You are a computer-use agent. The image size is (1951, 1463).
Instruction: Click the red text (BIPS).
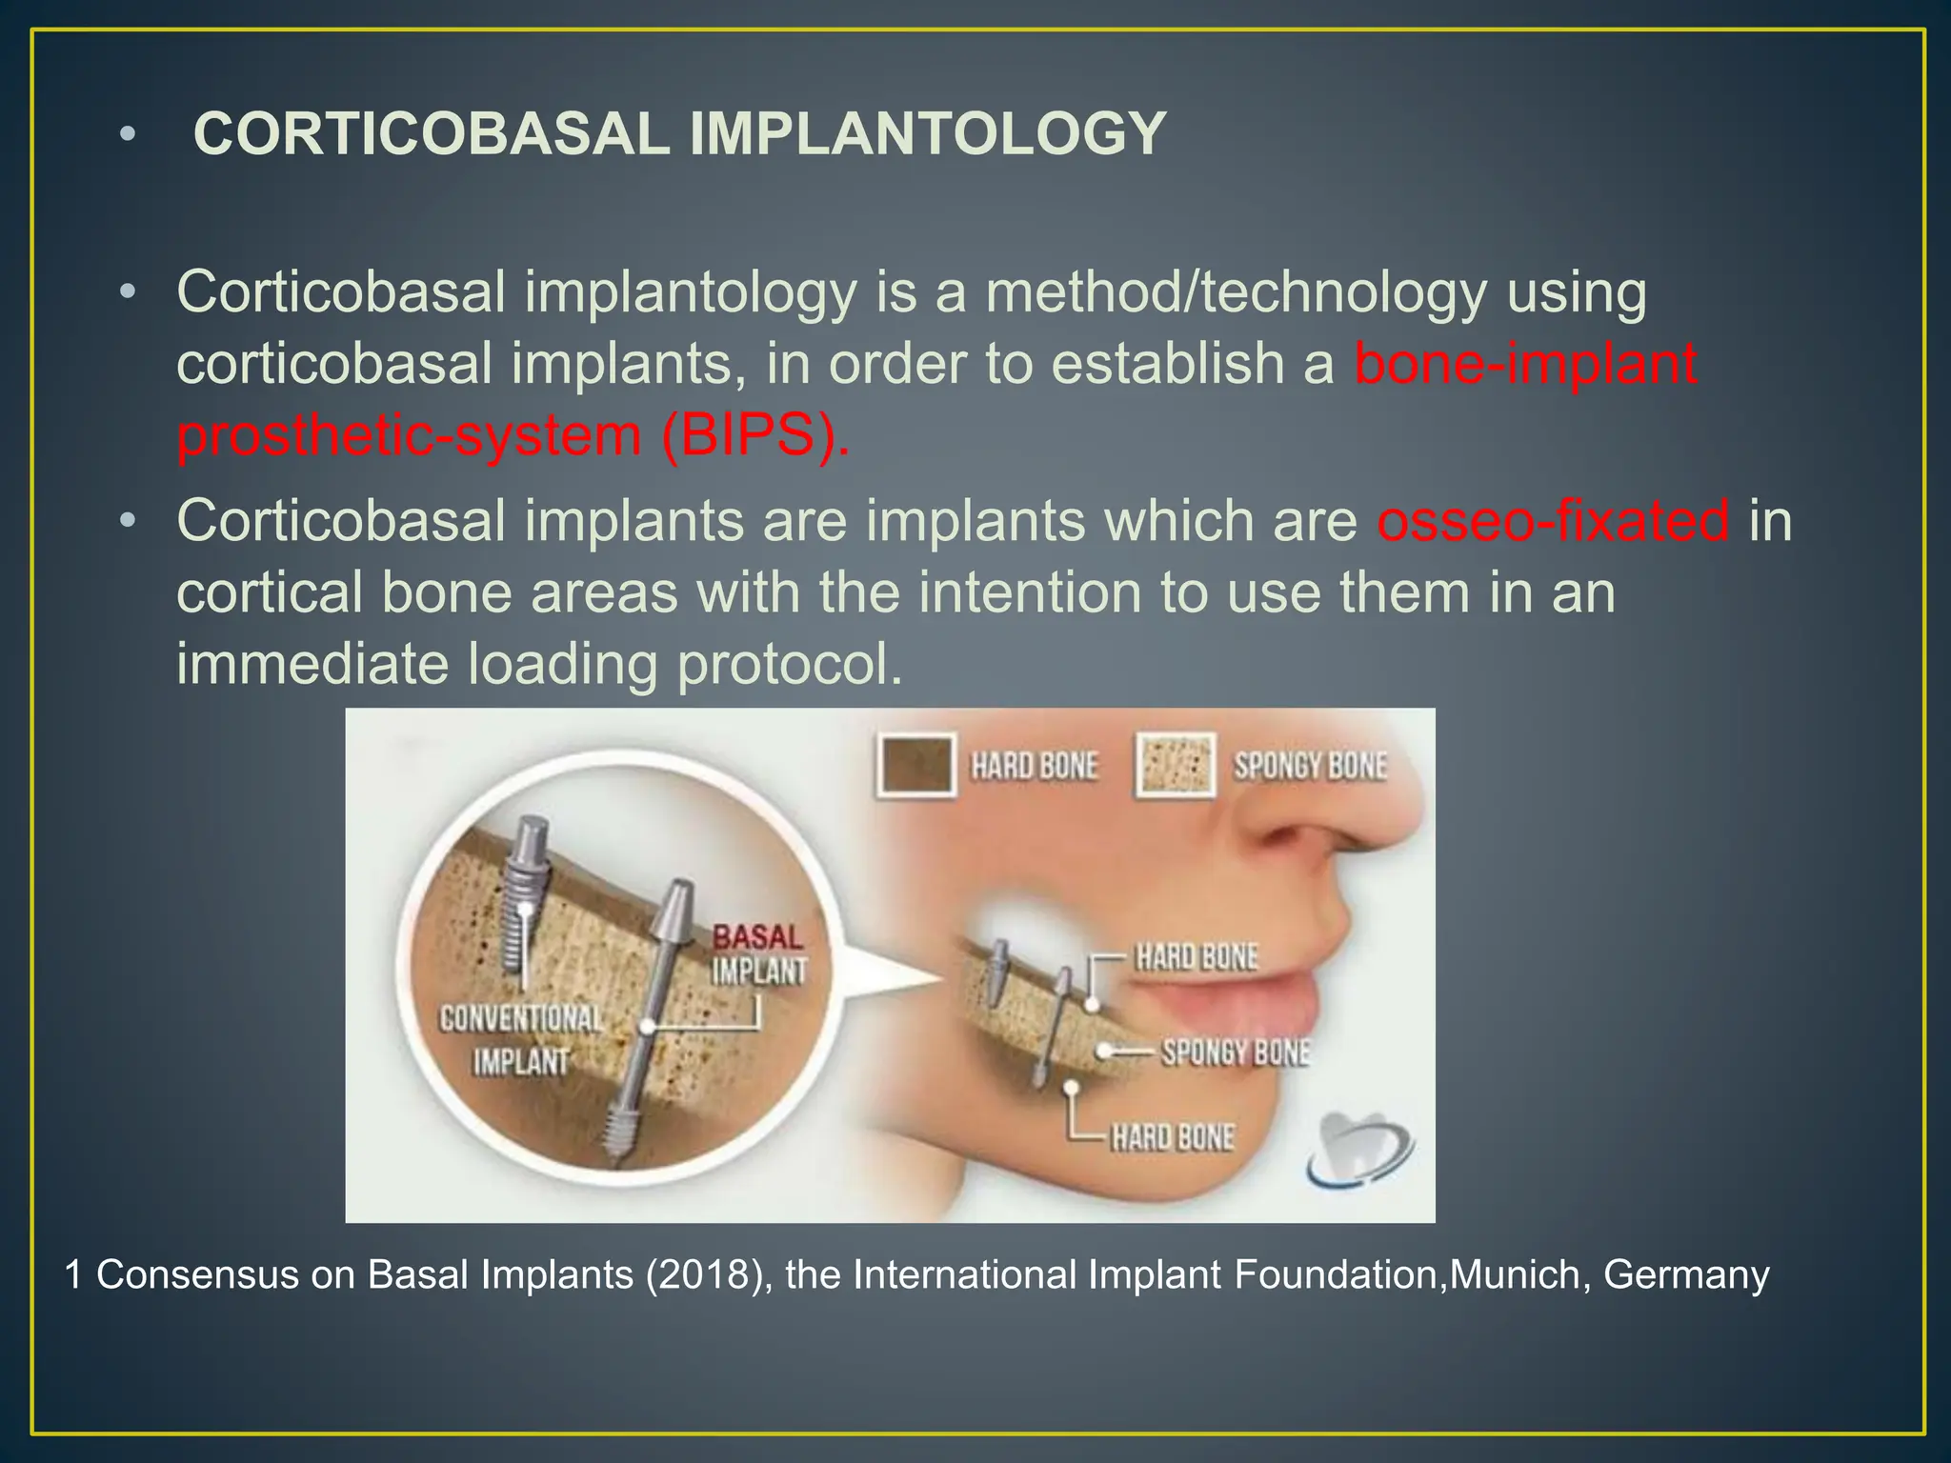(754, 436)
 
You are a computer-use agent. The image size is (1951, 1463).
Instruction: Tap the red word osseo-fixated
(1553, 521)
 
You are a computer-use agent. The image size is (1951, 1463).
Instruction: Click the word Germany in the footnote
(1686, 1274)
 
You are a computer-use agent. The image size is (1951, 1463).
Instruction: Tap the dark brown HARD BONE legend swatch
(915, 765)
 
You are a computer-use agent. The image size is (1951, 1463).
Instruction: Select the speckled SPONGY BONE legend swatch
(1176, 765)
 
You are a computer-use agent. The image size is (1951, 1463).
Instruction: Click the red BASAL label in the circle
(758, 937)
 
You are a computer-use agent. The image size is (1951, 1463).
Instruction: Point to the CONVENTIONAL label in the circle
(521, 1019)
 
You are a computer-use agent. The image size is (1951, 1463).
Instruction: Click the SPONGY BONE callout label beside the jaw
(1236, 1052)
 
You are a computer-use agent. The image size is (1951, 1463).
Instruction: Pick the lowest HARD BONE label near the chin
(1173, 1137)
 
